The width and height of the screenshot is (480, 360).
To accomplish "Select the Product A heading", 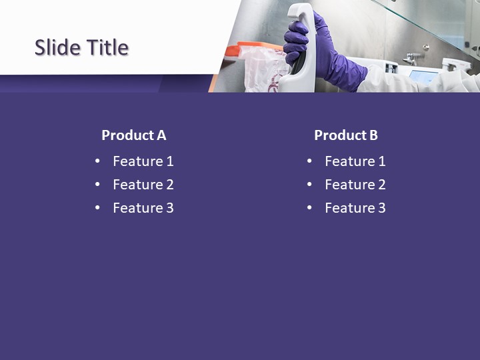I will tap(133, 135).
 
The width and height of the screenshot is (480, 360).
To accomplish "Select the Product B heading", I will tap(345, 135).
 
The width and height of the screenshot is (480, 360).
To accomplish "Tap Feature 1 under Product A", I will tap(143, 161).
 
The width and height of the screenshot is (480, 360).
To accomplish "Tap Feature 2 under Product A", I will tap(143, 185).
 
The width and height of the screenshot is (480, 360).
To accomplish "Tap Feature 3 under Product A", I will tap(143, 208).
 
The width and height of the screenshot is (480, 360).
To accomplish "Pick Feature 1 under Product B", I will tap(355, 161).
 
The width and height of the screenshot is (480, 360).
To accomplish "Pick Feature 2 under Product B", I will tap(355, 185).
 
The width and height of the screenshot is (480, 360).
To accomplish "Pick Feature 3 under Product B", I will tap(355, 208).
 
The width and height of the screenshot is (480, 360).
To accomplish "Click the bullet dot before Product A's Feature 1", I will tap(98, 161).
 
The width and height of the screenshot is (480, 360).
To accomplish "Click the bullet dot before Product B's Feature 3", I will tap(310, 208).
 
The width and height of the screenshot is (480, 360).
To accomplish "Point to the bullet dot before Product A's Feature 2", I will tap(98, 185).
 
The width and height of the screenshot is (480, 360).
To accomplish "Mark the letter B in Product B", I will tap(373, 135).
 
